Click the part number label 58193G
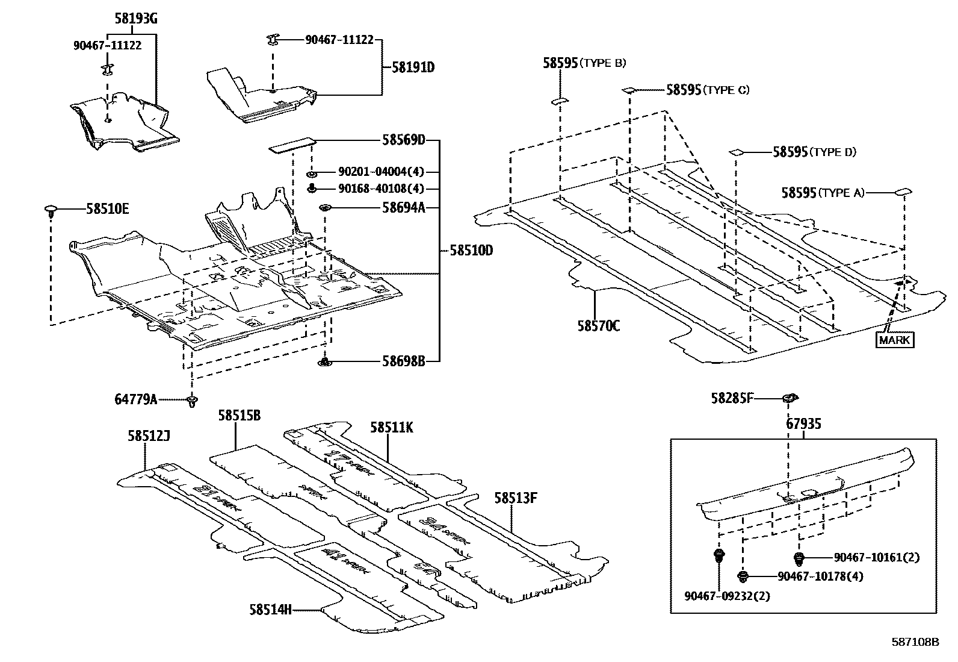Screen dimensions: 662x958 136,19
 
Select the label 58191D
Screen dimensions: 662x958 413,67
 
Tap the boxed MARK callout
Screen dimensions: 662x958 895,340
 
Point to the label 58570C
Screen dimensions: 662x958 599,326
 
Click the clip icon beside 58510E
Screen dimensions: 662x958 51,211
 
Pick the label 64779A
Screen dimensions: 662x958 136,399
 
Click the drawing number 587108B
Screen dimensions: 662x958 915,642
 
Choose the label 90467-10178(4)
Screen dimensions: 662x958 820,576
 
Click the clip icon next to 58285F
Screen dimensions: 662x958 790,398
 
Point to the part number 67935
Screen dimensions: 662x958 803,424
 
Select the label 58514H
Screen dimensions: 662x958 271,610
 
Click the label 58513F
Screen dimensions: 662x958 516,498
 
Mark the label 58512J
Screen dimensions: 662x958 149,435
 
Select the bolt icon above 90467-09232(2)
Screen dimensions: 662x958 718,555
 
